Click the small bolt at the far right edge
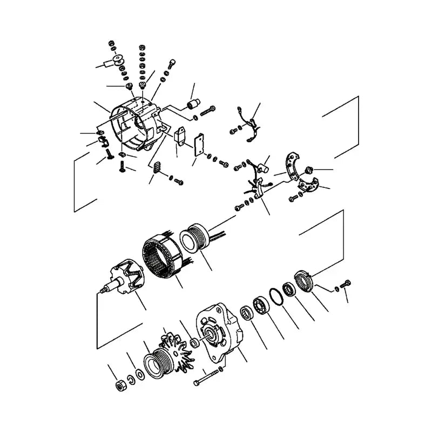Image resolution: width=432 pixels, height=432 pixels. point(346,282)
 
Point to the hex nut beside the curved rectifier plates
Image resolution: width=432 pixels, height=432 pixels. point(310,170)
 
